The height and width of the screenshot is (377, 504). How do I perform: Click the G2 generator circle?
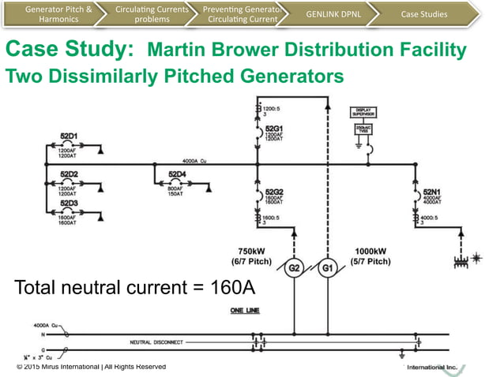click(294, 269)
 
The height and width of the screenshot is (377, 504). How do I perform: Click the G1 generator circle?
click(327, 269)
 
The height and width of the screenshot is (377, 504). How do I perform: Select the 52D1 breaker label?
click(69, 136)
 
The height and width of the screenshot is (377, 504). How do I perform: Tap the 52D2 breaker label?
click(69, 174)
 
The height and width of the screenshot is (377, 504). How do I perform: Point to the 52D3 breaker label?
click(69, 203)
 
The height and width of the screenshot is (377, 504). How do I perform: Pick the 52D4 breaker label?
click(177, 174)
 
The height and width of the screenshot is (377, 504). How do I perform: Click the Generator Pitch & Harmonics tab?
click(54, 13)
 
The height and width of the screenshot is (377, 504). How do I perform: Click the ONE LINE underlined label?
click(244, 310)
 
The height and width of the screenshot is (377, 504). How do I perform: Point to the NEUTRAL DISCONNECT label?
click(157, 342)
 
